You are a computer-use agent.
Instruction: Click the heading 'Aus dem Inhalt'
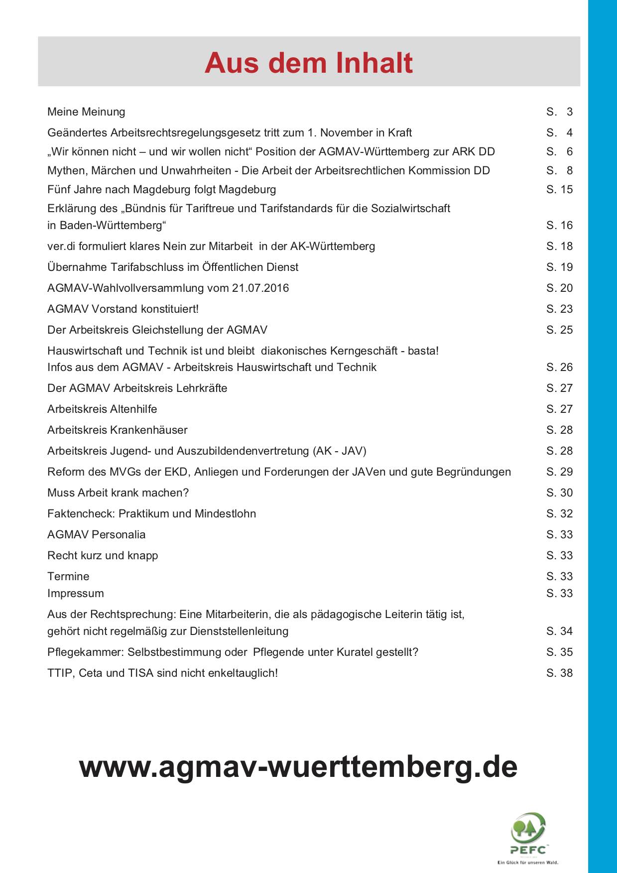point(308,63)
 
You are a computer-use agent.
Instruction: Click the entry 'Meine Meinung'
point(86,112)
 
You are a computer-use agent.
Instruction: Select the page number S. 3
point(559,112)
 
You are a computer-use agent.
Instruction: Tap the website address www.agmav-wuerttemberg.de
point(298,766)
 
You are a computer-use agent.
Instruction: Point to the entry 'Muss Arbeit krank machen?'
point(118,493)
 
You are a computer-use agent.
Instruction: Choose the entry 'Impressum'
point(76,594)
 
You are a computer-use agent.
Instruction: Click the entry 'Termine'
point(68,577)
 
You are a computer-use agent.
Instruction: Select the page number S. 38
point(559,673)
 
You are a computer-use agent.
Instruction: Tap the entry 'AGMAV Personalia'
point(97,535)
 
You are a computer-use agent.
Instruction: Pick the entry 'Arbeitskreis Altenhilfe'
point(102,409)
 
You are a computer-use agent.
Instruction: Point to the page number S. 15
point(559,190)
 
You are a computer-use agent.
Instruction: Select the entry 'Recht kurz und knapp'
point(103,556)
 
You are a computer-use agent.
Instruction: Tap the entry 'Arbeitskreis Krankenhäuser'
point(118,430)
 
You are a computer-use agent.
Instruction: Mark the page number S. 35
point(559,652)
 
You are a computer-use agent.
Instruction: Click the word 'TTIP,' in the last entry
point(61,673)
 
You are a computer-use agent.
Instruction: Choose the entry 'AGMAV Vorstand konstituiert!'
point(123,309)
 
